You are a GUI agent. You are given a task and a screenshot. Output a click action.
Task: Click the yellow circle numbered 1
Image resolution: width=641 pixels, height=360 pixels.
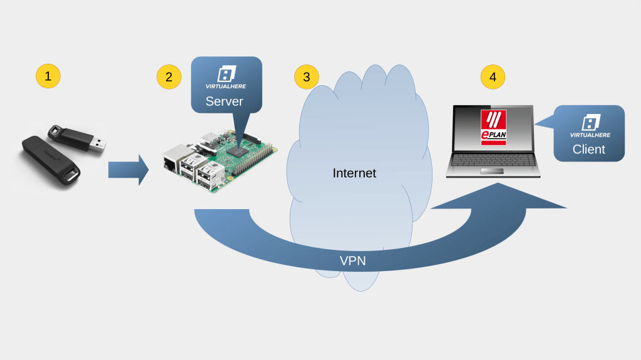tap(48, 77)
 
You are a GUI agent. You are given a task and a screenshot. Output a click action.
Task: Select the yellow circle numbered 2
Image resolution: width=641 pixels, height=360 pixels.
tap(168, 77)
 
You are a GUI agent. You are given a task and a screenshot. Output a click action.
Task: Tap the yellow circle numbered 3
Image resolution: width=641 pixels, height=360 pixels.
tap(306, 77)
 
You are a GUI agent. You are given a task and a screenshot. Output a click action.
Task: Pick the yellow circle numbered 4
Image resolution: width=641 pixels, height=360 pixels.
tap(493, 77)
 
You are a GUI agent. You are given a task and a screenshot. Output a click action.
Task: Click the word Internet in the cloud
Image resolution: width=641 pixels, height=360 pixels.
tap(354, 173)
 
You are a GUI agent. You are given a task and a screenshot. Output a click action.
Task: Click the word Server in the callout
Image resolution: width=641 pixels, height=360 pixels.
tap(224, 101)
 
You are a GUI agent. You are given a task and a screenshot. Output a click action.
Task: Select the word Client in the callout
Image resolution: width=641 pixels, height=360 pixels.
tap(588, 149)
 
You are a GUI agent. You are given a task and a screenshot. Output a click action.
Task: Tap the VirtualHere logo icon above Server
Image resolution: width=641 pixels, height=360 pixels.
tap(225, 74)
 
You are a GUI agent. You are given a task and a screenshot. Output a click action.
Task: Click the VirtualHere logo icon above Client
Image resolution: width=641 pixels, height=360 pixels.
tap(589, 121)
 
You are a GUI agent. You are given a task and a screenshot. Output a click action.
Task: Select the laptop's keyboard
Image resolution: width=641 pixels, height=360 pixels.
tap(493, 159)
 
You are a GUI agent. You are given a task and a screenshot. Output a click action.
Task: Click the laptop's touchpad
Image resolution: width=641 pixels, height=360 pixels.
tap(493, 172)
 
